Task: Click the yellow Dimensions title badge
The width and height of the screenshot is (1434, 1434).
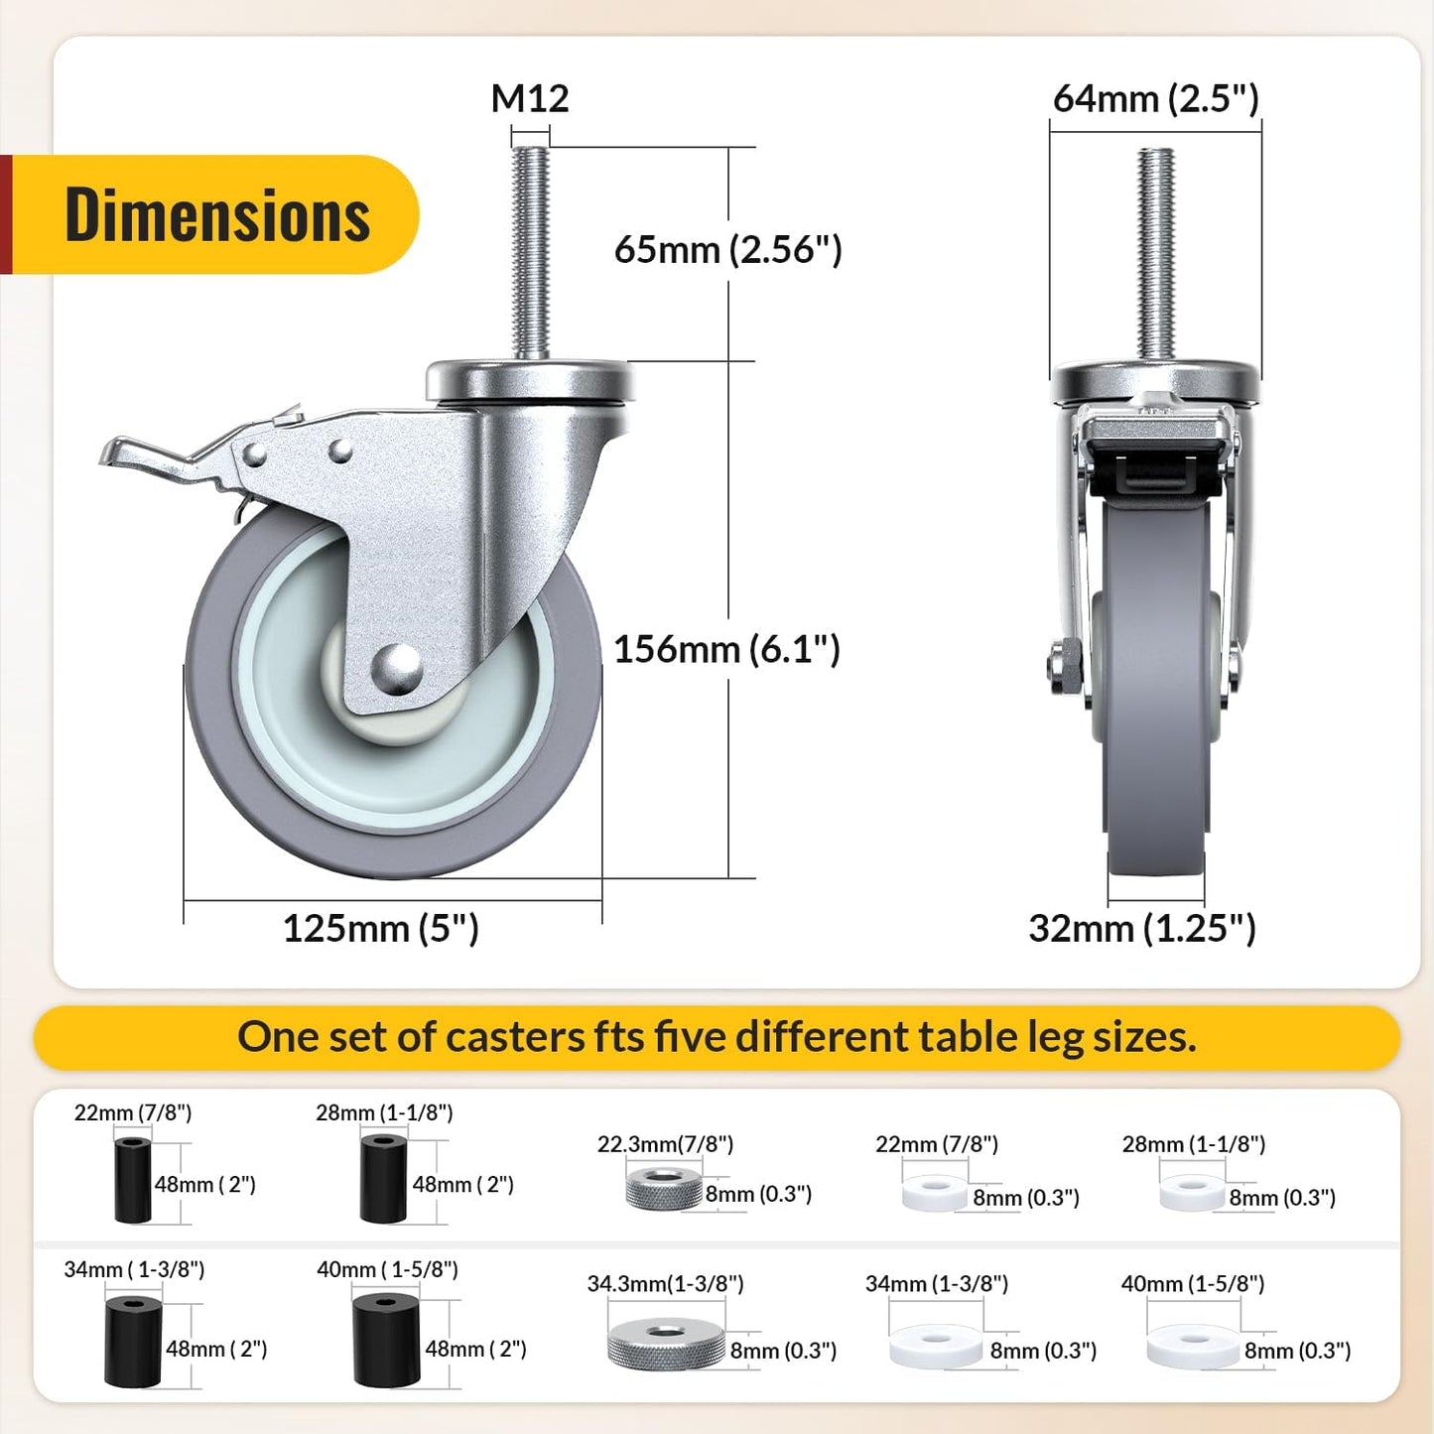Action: click(215, 214)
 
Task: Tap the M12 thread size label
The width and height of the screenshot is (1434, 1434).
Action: click(530, 98)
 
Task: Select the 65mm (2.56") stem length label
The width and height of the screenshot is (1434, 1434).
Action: click(727, 249)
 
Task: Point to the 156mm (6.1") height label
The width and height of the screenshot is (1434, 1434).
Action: click(726, 649)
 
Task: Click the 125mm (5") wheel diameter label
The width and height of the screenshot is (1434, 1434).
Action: click(380, 928)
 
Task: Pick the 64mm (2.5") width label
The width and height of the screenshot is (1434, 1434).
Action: click(1156, 98)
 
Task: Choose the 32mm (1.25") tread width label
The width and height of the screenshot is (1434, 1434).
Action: click(1142, 928)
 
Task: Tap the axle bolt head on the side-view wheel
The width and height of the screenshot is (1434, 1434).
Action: click(397, 667)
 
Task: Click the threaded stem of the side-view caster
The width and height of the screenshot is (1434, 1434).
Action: click(530, 253)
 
